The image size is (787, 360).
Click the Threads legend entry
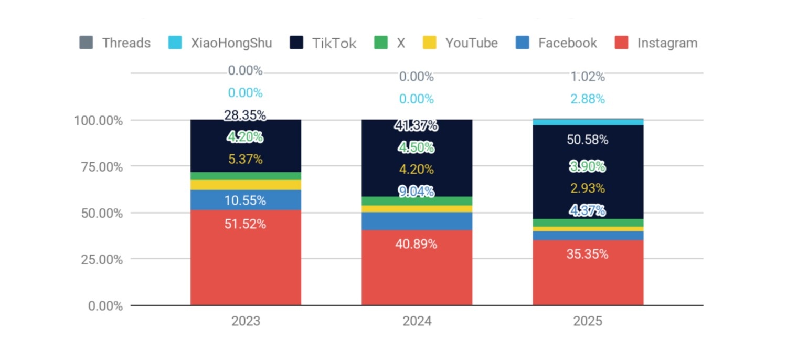click(x=115, y=43)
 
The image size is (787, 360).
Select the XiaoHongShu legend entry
click(x=220, y=43)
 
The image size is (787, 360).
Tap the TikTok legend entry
click(x=323, y=43)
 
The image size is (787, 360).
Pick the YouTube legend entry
click(x=461, y=43)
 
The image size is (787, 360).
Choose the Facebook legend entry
click(x=557, y=43)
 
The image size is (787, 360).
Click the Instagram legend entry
click(x=656, y=43)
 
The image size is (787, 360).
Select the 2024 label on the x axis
click(x=417, y=321)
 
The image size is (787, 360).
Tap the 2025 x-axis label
click(x=588, y=321)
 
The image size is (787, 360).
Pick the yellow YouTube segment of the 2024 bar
click(x=417, y=209)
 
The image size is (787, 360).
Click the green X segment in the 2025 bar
click(x=588, y=223)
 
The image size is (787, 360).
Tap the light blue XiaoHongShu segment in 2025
click(x=588, y=122)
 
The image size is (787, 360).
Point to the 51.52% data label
click(x=246, y=224)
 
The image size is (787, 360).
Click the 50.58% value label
click(x=588, y=140)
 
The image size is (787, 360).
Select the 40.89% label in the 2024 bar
click(x=417, y=244)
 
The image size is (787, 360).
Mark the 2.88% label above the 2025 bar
click(x=588, y=99)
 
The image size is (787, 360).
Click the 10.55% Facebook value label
click(x=246, y=200)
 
